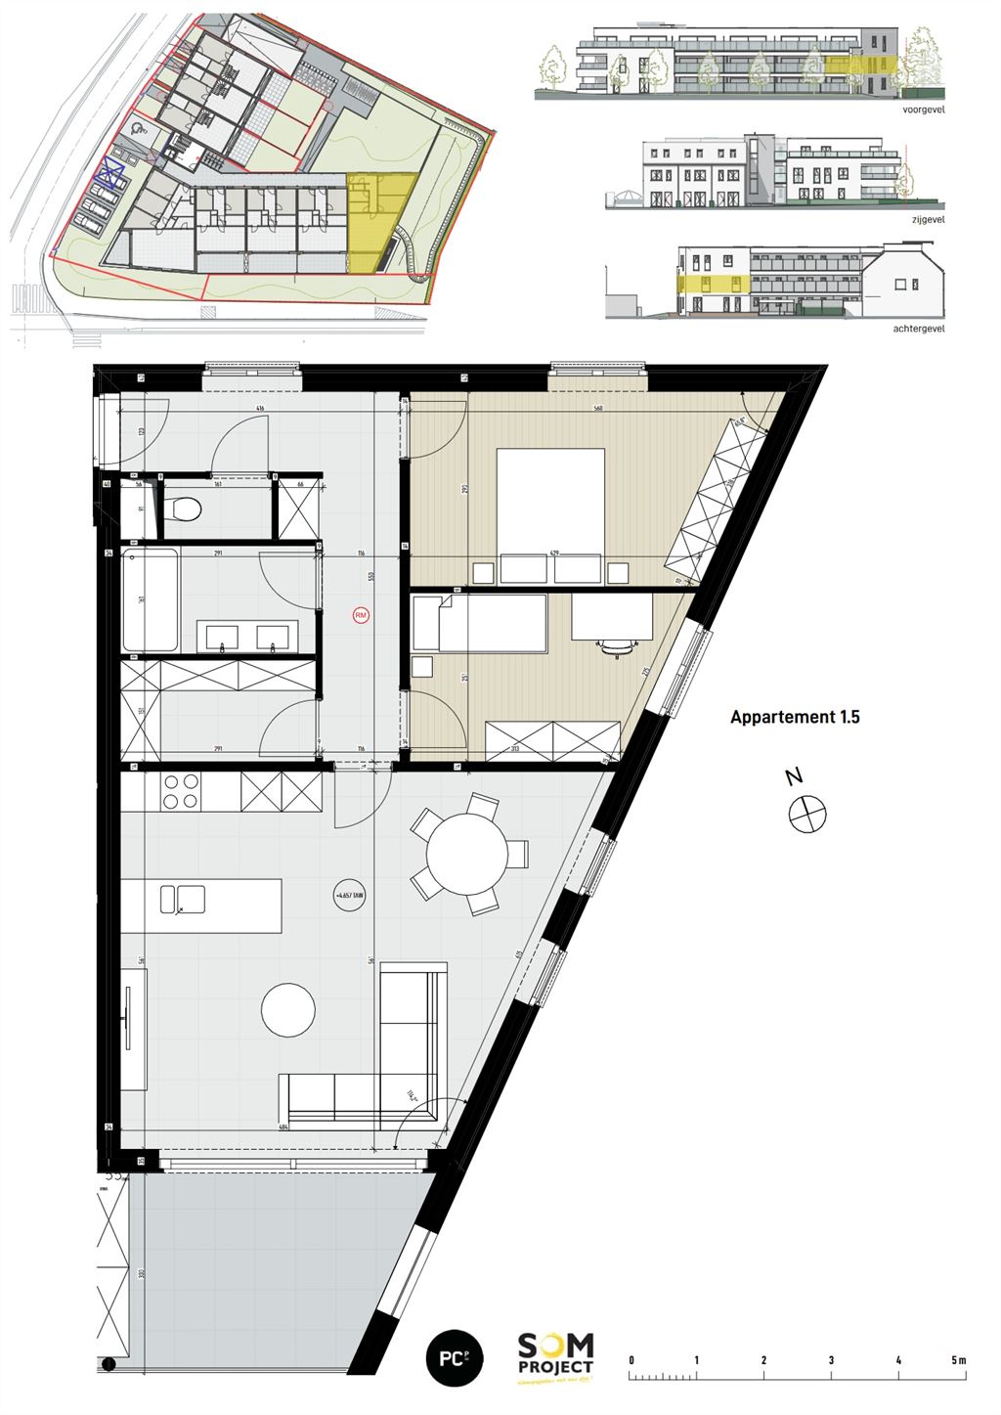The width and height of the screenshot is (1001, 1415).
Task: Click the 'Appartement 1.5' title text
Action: point(795,717)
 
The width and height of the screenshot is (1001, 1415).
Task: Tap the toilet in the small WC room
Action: point(184,509)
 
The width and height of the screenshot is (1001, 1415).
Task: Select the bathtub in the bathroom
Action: point(150,599)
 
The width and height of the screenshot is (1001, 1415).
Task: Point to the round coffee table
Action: point(288,1009)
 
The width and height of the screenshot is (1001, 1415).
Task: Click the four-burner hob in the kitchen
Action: point(180,791)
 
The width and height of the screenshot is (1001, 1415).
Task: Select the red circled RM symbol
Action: point(361,615)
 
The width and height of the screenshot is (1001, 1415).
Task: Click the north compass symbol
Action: point(808,814)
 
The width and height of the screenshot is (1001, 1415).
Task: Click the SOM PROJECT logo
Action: point(555,1357)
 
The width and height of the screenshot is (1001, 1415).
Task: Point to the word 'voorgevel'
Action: point(924,111)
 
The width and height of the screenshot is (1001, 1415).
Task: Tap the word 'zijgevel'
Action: point(928,220)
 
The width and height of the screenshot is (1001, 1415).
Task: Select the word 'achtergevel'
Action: point(919,330)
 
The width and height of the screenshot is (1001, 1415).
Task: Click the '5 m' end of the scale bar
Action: point(958,1360)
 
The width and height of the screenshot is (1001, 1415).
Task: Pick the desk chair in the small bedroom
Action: point(615,645)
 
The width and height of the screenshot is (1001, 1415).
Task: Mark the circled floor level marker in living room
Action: point(349,895)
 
